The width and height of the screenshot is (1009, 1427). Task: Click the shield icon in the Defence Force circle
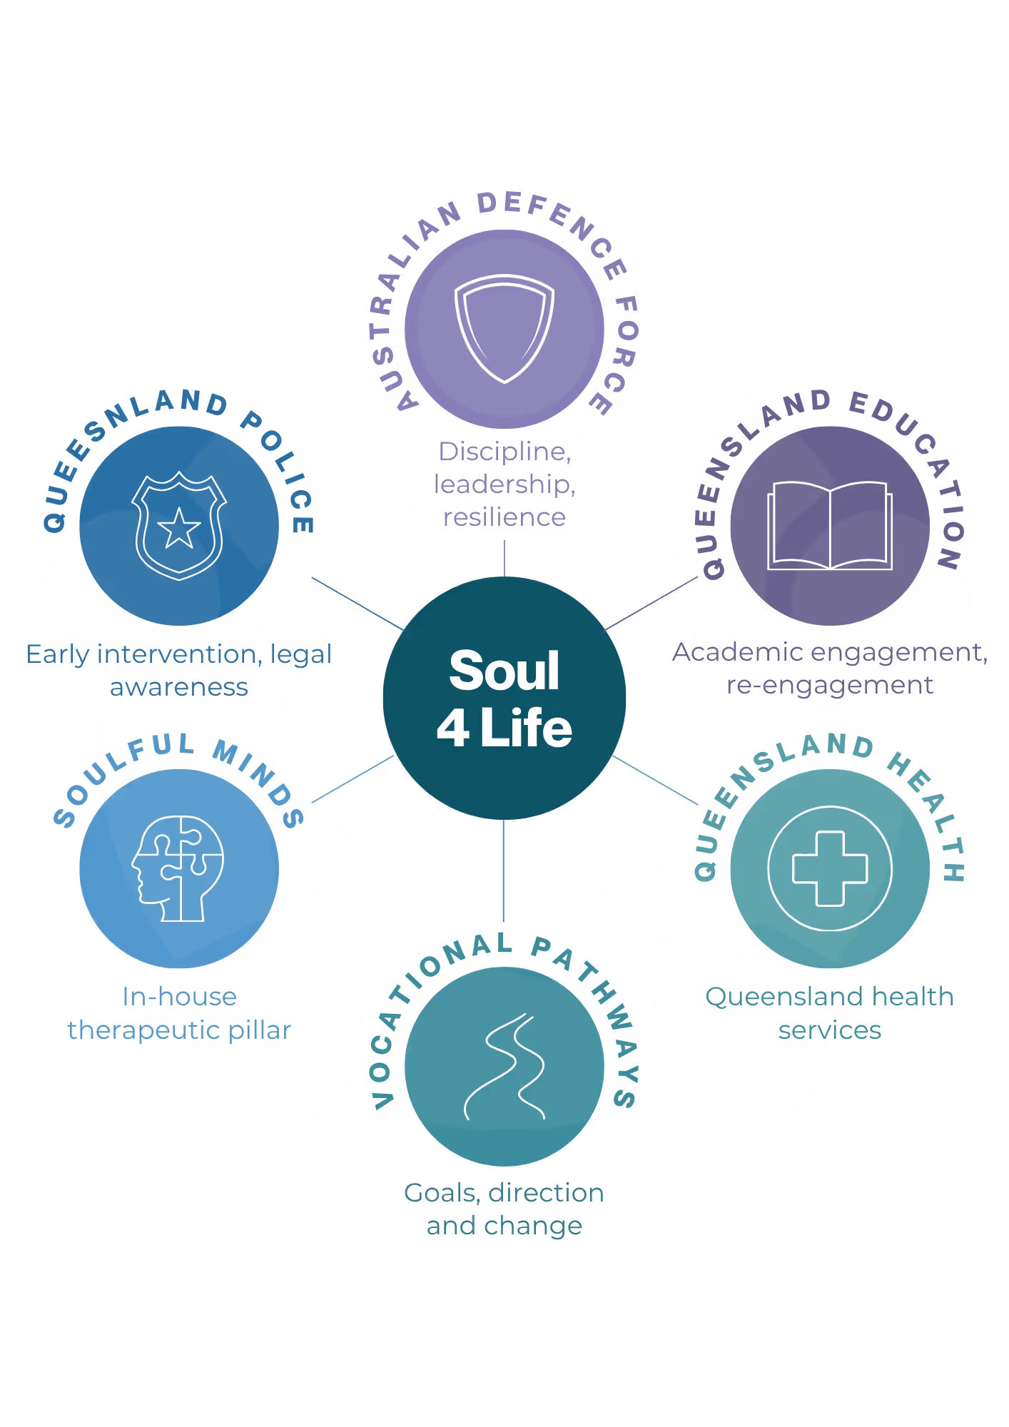pos(505,329)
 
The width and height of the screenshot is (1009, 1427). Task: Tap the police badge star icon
pos(179,526)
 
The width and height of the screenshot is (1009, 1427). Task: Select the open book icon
pos(830,526)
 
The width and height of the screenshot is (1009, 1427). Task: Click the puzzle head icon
pos(178,868)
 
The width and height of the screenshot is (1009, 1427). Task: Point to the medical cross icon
pos(830,868)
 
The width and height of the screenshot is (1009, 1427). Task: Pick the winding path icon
pos(505,1067)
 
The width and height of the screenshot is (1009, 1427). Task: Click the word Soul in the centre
pos(505,671)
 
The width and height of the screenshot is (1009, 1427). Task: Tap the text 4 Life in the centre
pos(505,728)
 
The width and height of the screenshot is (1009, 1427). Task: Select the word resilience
pos(505,517)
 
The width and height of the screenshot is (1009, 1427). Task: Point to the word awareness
pos(179,687)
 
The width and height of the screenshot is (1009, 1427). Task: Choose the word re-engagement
pos(830,685)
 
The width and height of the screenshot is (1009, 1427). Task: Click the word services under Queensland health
pos(830,1030)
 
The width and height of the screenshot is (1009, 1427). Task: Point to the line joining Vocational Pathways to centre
pos(503,870)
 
